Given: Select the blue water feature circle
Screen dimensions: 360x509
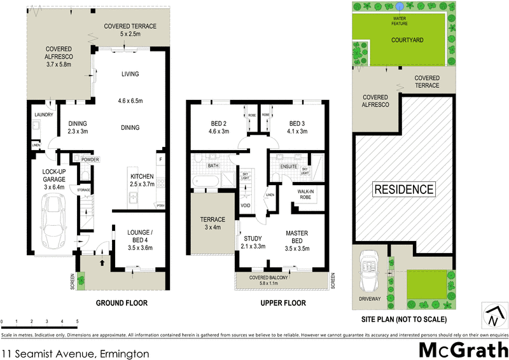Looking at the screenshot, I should point(398,6).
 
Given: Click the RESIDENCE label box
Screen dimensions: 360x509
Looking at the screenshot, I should point(403,189).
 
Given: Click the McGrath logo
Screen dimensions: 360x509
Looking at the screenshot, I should point(463,350).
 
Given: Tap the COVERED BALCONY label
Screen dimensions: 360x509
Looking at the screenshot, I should point(283,277).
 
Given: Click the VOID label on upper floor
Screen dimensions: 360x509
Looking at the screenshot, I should point(246,205).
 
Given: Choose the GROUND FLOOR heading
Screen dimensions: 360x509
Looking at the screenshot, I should point(122,303).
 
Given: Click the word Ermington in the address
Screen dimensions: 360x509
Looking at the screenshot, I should point(124,353).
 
